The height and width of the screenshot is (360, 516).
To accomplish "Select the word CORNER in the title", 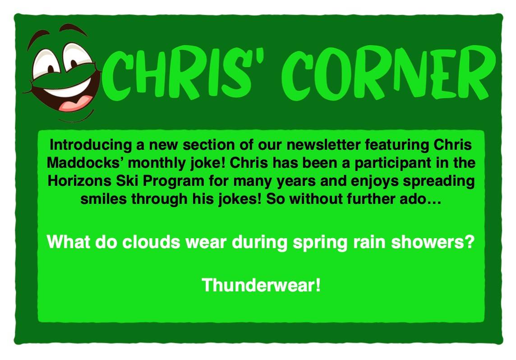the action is [388, 73].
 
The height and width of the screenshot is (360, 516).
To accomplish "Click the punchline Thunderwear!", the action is [261, 285].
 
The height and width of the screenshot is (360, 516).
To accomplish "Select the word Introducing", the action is [91, 145].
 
